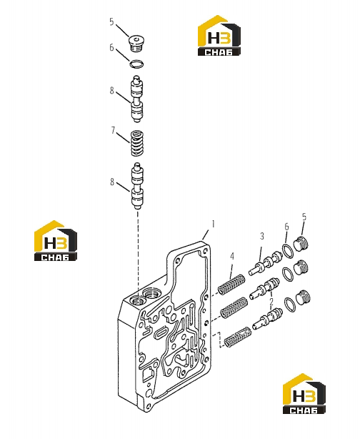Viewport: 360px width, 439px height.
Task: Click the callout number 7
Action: pos(113,130)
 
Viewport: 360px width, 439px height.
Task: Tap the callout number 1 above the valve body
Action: pos(213,225)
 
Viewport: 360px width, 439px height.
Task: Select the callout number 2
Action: pos(271,302)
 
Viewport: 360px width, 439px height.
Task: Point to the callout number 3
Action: pos(262,236)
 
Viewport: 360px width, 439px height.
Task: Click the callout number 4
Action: pos(232,256)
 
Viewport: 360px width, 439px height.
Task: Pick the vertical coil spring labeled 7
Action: pos(137,143)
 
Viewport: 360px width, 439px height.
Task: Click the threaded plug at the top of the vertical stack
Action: pos(136,44)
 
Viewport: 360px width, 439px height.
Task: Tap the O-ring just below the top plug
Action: pos(136,64)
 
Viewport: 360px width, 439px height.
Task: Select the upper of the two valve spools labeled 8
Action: pos(136,99)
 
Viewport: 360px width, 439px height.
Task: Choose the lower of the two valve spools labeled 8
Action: pos(137,186)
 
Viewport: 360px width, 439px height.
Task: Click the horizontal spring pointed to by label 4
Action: pos(231,285)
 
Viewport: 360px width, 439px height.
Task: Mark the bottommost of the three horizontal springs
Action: pos(238,337)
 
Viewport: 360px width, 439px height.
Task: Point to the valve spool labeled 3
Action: pos(264,263)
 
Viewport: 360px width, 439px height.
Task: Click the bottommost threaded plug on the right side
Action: pos(302,297)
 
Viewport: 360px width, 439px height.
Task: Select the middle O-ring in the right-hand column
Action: pos(289,275)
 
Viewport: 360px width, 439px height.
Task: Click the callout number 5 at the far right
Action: pos(304,217)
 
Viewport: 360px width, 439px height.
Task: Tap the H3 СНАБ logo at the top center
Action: pos(219,35)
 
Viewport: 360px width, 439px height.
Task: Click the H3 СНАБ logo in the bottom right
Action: pos(304,393)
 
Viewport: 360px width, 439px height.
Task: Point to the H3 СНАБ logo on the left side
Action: pos(56,241)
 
